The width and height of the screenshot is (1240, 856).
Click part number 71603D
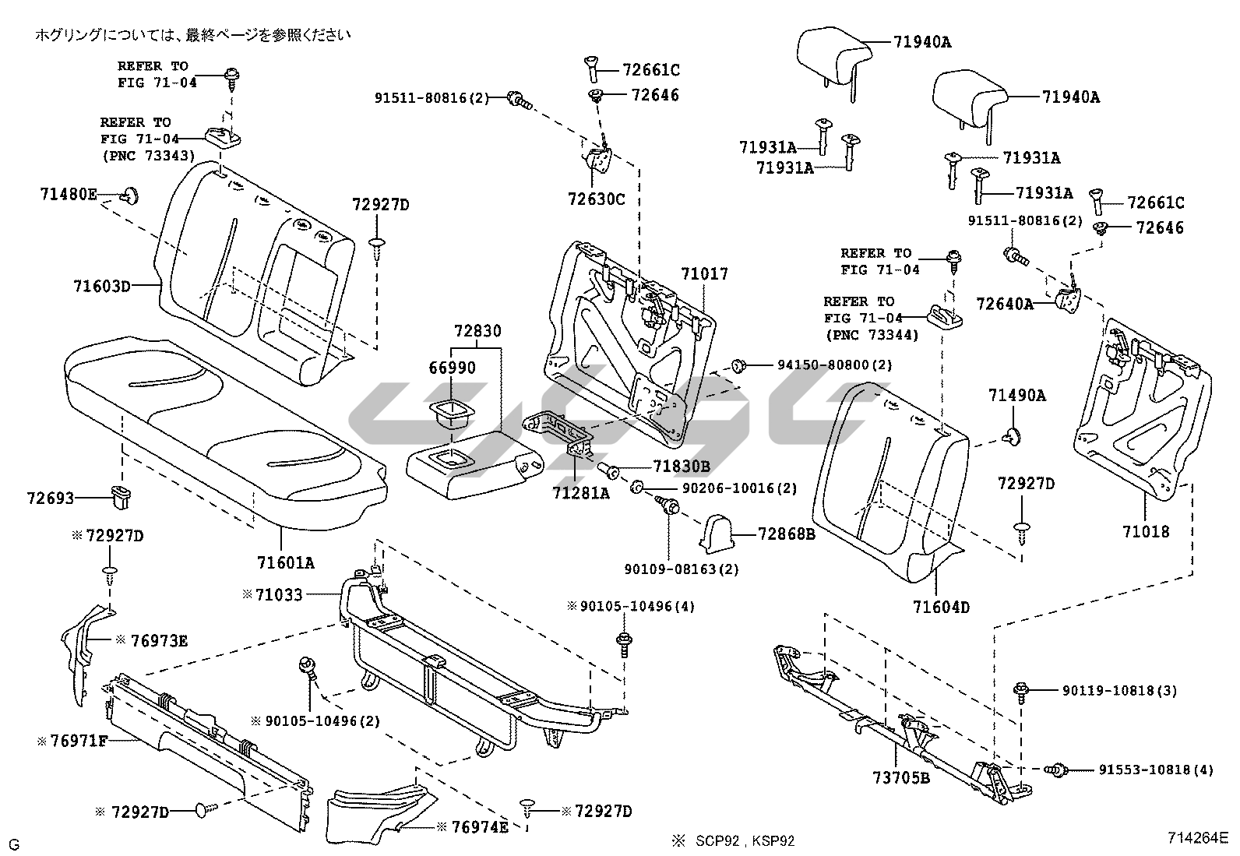pos(102,286)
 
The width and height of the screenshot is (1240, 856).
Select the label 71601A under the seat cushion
pos(287,562)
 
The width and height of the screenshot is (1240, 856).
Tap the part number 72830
pos(477,332)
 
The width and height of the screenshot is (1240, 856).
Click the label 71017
pos(704,274)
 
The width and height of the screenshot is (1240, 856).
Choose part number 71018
pos(1146,532)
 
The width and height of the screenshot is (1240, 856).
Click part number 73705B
pos(901,777)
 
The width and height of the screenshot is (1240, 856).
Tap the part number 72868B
pos(787,534)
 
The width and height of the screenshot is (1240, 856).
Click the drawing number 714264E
pos(1197,838)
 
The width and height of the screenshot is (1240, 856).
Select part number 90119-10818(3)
pos(1119,690)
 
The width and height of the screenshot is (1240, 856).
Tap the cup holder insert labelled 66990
pos(447,410)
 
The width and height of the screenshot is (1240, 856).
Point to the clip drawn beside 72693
pos(121,495)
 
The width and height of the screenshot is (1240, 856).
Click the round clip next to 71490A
pos(1013,437)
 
